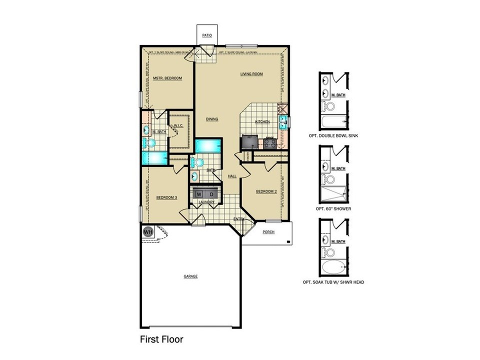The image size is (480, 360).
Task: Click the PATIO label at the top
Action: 207,36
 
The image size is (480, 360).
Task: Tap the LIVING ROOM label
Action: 251,74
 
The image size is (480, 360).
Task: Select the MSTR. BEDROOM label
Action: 167,78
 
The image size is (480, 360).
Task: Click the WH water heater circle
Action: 148,231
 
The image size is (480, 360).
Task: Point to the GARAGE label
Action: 190,276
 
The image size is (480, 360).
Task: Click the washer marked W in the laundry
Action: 198,193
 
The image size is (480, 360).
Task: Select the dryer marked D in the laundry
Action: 211,193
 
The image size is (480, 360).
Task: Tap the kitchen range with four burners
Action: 270,143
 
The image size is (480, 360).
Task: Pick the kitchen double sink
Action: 283,122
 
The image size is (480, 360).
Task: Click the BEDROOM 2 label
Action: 266,191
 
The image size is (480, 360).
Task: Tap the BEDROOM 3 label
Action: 166,197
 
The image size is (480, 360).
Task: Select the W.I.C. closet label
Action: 178,126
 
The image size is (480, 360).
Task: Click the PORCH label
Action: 268,231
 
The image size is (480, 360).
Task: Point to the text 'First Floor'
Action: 161,339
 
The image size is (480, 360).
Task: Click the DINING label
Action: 212,119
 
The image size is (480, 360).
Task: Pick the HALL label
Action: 232,176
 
